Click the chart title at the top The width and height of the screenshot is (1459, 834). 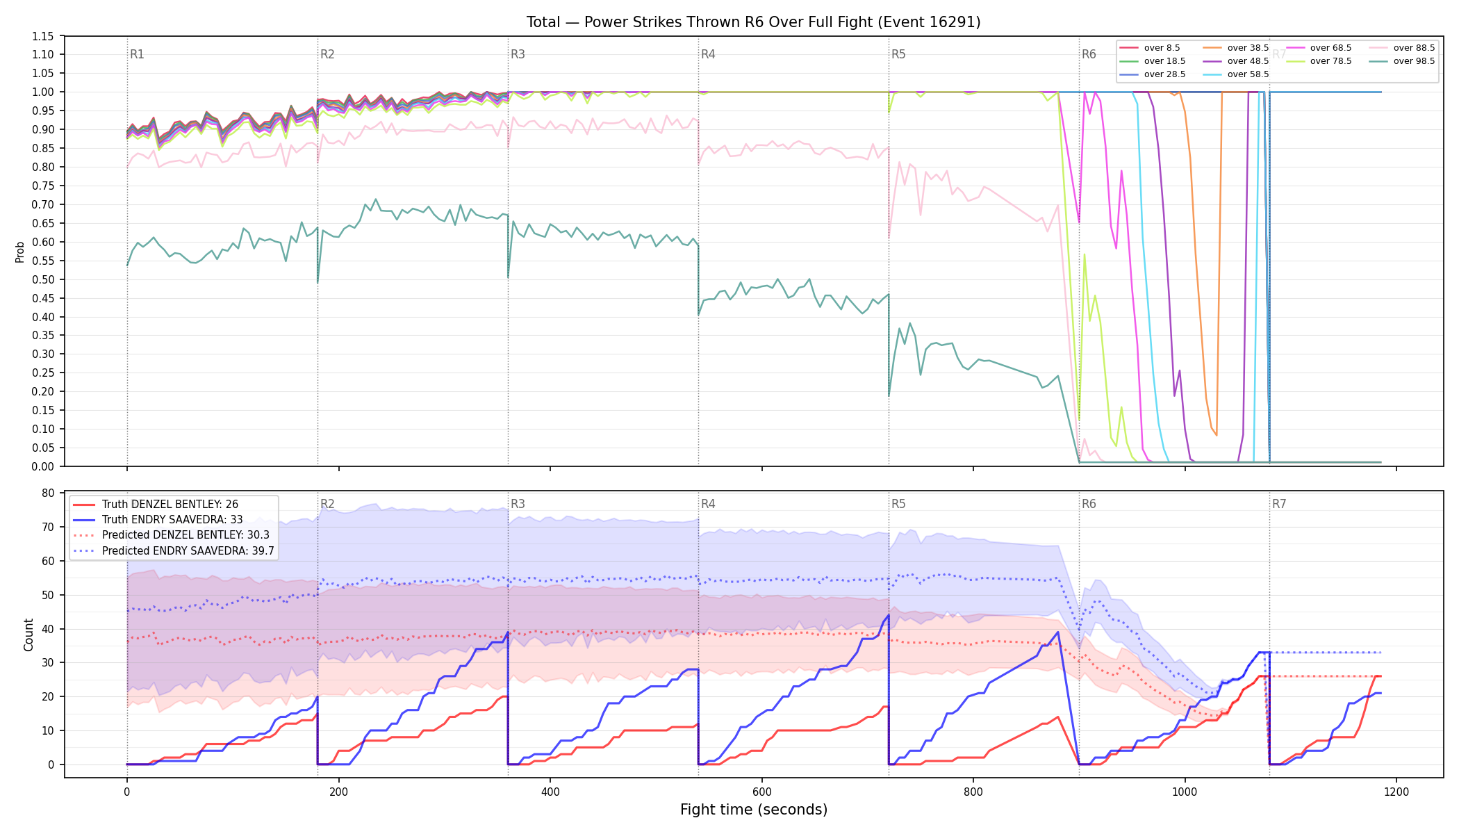click(x=753, y=22)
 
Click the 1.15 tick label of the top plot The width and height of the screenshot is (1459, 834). click(x=43, y=36)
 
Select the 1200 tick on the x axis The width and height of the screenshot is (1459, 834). click(x=1396, y=792)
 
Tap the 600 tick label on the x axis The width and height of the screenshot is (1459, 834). click(x=761, y=792)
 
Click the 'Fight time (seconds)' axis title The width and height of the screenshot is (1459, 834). click(x=754, y=810)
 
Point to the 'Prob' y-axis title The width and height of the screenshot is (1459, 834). click(x=19, y=252)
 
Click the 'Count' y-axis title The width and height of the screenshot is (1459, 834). click(x=28, y=635)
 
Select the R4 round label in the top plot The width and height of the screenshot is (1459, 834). click(x=708, y=54)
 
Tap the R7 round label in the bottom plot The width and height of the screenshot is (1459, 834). click(x=1279, y=504)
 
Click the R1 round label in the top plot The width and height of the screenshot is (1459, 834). click(x=137, y=54)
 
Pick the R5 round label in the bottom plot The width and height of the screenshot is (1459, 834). click(x=898, y=504)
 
